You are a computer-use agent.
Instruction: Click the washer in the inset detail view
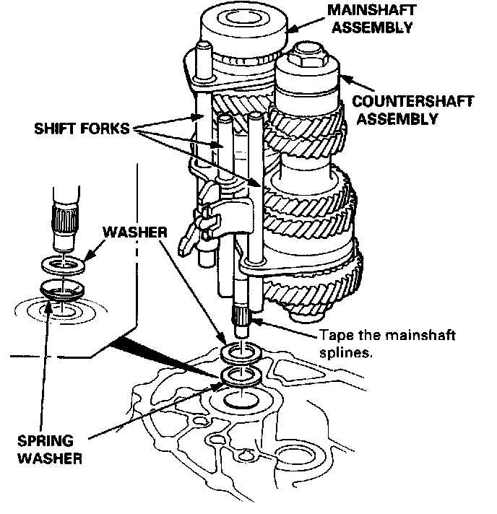click(64, 263)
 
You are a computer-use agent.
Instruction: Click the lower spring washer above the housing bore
click(241, 376)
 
